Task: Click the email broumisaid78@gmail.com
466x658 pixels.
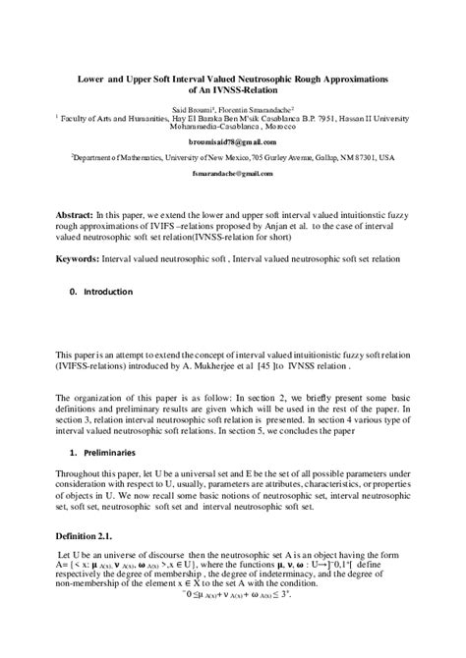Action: point(233,140)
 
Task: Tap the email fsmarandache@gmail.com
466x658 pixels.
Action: point(233,170)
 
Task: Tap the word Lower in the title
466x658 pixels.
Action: point(93,76)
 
